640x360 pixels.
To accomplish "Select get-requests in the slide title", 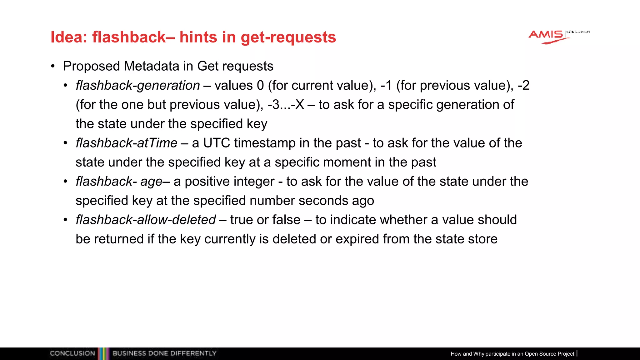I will [x=288, y=37].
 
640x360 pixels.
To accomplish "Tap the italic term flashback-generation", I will [x=138, y=85].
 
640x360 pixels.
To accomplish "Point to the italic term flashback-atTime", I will [x=127, y=143].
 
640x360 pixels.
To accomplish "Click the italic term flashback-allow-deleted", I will [x=146, y=220].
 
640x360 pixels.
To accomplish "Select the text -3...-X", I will [x=286, y=105].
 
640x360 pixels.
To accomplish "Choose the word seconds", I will [x=323, y=201].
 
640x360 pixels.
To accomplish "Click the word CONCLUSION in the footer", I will [x=72, y=353].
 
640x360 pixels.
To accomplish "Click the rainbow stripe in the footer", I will [x=104, y=353].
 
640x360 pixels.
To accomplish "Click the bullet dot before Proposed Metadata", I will [x=53, y=66].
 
